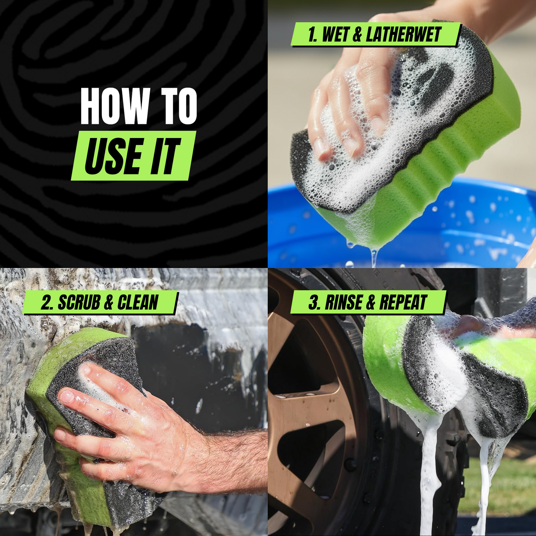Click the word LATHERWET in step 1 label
click(403, 35)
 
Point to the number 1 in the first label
click(312, 35)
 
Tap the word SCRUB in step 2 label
click(79, 303)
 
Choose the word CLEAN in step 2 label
click(138, 303)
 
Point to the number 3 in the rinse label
click(314, 303)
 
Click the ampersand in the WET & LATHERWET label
click(357, 35)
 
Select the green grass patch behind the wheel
click(509, 486)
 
